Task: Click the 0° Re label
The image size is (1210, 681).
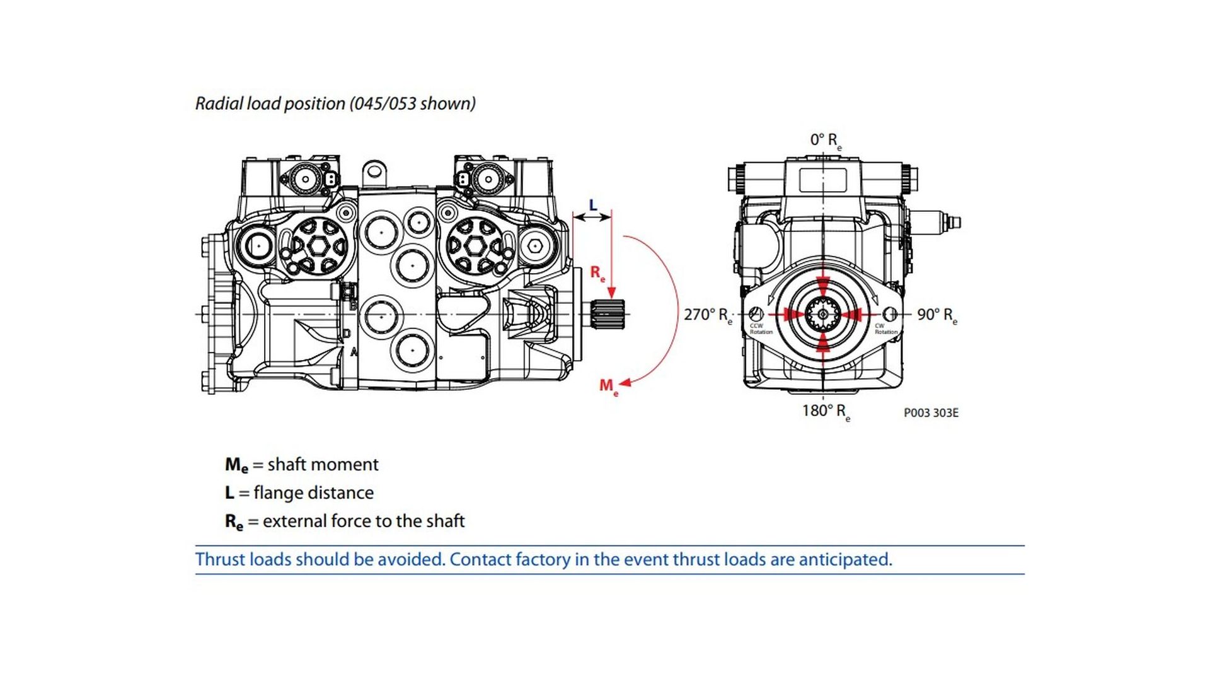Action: click(x=825, y=140)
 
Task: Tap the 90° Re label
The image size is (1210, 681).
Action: click(x=936, y=315)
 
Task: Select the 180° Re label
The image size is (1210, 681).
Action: click(x=825, y=411)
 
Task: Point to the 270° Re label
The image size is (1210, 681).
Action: click(x=707, y=315)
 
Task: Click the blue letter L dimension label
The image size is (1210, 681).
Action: click(x=592, y=205)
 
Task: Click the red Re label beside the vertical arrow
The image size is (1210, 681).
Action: click(x=597, y=273)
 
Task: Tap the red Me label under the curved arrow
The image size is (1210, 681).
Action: click(x=608, y=385)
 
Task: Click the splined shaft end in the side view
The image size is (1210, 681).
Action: click(x=608, y=314)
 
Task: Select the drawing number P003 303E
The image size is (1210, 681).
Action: click(x=930, y=412)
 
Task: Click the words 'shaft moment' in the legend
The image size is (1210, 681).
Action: click(x=323, y=465)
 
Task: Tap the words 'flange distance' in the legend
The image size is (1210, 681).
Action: click(x=313, y=492)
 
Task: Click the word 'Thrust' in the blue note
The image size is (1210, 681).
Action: click(x=220, y=559)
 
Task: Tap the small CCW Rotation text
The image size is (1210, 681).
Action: click(x=760, y=329)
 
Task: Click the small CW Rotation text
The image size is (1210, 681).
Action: click(x=885, y=329)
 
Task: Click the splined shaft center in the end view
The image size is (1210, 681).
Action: click(x=822, y=314)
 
